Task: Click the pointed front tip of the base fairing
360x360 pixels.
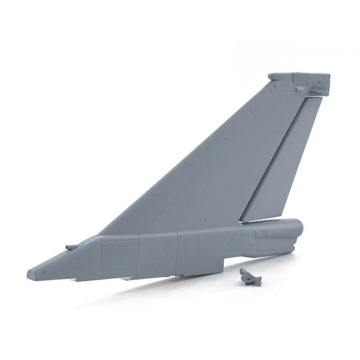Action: click(x=30, y=273)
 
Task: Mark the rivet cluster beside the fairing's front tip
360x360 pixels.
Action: click(x=44, y=272)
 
